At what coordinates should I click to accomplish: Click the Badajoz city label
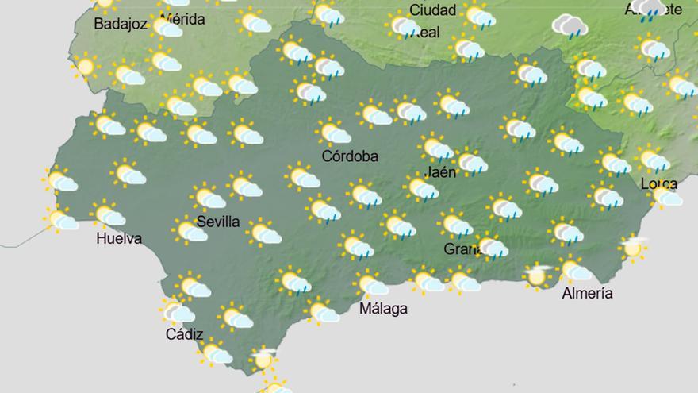(121, 24)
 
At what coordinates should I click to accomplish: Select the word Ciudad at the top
(432, 10)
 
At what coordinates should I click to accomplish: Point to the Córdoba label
(350, 156)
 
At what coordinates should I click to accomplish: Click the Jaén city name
(440, 171)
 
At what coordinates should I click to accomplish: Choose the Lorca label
(658, 184)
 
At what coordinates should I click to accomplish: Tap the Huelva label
(118, 238)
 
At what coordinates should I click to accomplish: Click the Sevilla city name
(217, 222)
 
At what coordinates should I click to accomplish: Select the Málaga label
(383, 308)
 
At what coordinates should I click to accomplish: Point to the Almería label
(587, 293)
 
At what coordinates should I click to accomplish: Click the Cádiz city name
(185, 334)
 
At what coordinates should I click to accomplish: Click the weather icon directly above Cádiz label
(178, 310)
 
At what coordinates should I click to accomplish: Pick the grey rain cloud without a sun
(569, 25)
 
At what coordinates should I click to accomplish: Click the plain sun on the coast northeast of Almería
(632, 249)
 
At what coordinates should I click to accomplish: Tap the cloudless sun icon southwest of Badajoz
(86, 67)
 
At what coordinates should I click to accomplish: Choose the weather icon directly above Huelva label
(107, 214)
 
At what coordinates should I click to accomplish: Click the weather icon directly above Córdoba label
(334, 133)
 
